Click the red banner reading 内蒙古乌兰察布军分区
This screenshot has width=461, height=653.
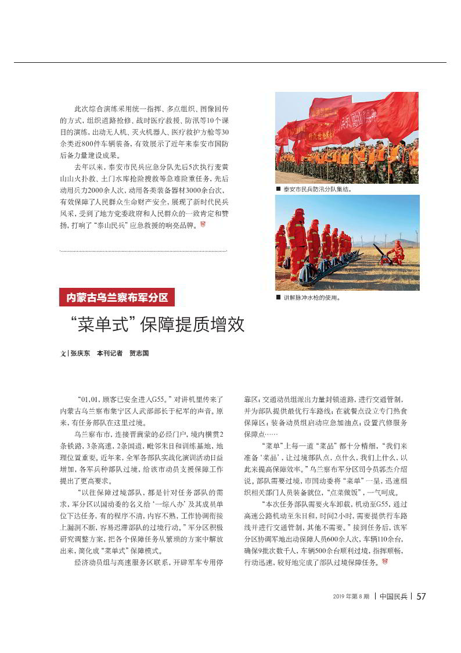[x=117, y=298]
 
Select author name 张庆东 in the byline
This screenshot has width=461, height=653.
[x=80, y=354]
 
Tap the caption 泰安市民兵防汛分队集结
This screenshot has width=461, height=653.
[x=318, y=189]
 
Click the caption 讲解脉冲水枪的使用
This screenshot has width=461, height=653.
[x=312, y=297]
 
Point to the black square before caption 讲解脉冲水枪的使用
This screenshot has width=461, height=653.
[x=279, y=297]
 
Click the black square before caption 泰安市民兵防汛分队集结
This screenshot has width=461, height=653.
[x=279, y=189]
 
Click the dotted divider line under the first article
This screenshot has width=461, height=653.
[x=143, y=251]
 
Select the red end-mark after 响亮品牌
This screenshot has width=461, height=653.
[x=203, y=224]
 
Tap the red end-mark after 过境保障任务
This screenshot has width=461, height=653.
[x=384, y=562]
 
